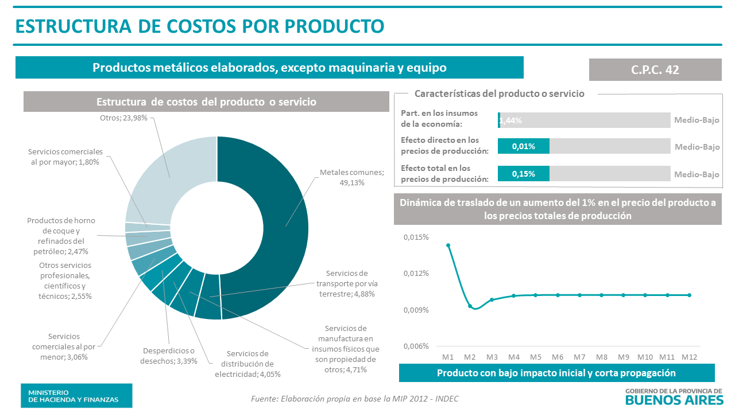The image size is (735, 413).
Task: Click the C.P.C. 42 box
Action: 655,69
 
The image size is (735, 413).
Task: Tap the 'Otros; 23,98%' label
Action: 123,118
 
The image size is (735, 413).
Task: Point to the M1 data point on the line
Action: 448,246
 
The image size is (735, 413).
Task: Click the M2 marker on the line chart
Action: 470,306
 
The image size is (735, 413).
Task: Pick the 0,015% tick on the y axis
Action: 416,237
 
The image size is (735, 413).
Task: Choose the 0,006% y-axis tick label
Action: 416,346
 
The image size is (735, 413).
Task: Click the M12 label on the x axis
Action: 689,357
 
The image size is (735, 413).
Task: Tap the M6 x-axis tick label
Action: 558,357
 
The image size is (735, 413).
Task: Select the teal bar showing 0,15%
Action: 523,174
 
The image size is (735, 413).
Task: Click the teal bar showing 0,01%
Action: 523,146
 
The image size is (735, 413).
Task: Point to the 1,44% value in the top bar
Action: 510,120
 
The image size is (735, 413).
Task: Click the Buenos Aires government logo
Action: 673,396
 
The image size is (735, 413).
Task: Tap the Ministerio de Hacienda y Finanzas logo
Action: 76,396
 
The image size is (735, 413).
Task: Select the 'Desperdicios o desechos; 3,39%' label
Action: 168,356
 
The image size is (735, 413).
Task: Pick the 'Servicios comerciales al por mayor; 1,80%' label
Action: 65,157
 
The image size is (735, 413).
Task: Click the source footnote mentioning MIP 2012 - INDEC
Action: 355,399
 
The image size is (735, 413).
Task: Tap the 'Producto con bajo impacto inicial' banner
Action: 556,373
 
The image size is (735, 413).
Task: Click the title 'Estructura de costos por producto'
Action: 199,26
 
